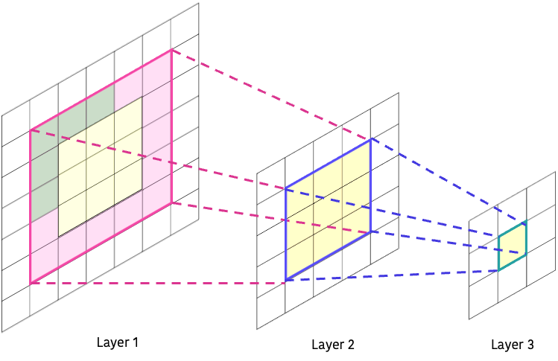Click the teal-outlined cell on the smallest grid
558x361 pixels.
(x=512, y=246)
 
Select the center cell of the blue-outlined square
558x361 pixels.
(x=328, y=210)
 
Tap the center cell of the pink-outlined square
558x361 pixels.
(x=101, y=166)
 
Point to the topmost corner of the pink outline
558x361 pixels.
(x=171, y=50)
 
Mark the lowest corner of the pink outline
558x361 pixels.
(x=31, y=283)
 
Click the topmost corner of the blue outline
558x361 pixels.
(x=370, y=139)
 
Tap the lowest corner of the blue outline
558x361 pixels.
(x=285, y=281)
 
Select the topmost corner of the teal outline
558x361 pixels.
(x=526, y=222)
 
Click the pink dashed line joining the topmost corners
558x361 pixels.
(x=272, y=95)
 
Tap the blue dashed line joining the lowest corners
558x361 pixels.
(x=391, y=275)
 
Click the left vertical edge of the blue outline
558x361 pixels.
(x=285, y=234)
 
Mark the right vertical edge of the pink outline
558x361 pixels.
(x=171, y=127)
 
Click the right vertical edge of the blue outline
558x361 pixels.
(x=370, y=186)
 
